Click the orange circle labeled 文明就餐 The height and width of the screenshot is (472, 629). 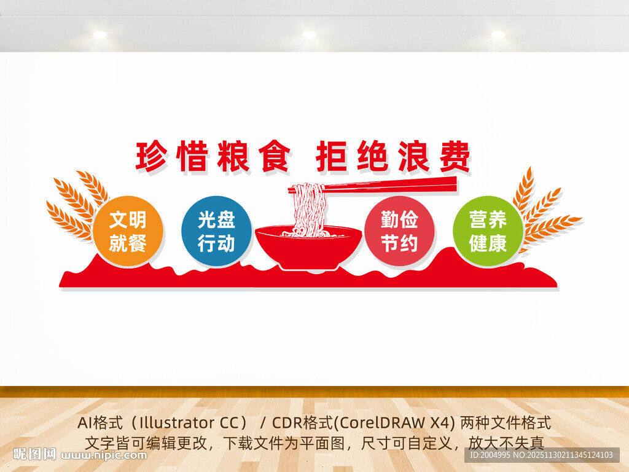point(128,231)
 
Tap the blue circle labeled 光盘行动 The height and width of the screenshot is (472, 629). point(216,231)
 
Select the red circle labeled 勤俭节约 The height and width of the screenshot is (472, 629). point(399,231)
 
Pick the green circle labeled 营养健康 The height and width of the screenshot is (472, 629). point(488,231)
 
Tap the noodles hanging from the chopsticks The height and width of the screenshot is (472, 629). point(307,209)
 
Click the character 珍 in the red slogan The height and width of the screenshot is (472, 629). point(151,156)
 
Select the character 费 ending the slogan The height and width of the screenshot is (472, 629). point(455,156)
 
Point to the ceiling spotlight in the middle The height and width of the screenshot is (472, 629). point(309,35)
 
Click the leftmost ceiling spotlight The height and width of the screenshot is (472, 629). point(100,35)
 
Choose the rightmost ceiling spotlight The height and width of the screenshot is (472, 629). point(498,35)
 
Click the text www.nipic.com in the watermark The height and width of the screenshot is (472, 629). point(105,455)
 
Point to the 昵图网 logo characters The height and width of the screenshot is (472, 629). point(34,455)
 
